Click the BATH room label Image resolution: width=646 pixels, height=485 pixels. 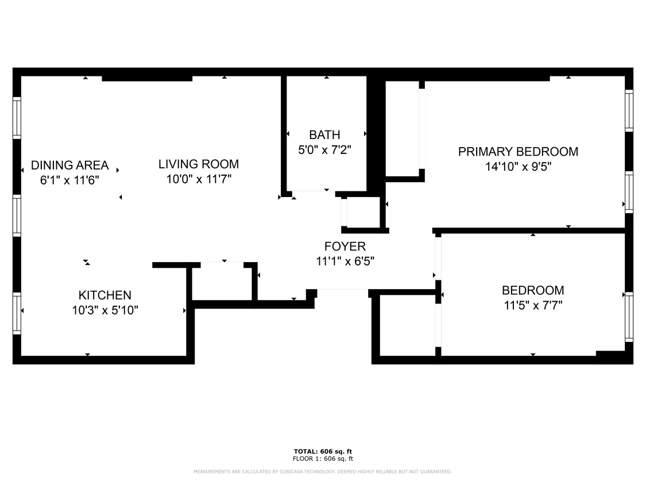point(324,135)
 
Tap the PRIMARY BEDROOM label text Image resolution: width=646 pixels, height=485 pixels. point(518,152)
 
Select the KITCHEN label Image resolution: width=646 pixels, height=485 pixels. point(105,295)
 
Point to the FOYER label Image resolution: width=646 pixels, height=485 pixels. point(345,247)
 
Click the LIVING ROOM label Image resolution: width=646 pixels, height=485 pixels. point(199,164)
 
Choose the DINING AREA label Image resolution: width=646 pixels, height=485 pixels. point(69,165)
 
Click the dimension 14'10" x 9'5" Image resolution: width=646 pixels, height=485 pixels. point(518,167)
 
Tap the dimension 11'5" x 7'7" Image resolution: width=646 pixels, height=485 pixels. point(532,305)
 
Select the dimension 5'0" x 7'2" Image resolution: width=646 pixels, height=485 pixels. point(324,150)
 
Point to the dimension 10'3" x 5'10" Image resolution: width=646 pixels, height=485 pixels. point(105,310)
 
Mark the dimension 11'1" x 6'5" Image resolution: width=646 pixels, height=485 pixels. point(345,261)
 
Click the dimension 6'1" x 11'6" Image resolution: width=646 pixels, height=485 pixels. point(69,180)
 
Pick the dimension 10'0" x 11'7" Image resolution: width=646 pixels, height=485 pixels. point(199,179)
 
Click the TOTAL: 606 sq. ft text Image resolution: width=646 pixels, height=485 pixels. point(323,451)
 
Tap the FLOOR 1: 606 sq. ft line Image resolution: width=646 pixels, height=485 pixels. point(323,459)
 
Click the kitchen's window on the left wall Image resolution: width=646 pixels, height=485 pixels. point(17,314)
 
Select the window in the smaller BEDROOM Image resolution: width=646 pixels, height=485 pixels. point(629,317)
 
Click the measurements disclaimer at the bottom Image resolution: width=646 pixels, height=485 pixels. point(323,472)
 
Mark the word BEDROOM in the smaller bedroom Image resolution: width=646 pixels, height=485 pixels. point(532,290)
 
